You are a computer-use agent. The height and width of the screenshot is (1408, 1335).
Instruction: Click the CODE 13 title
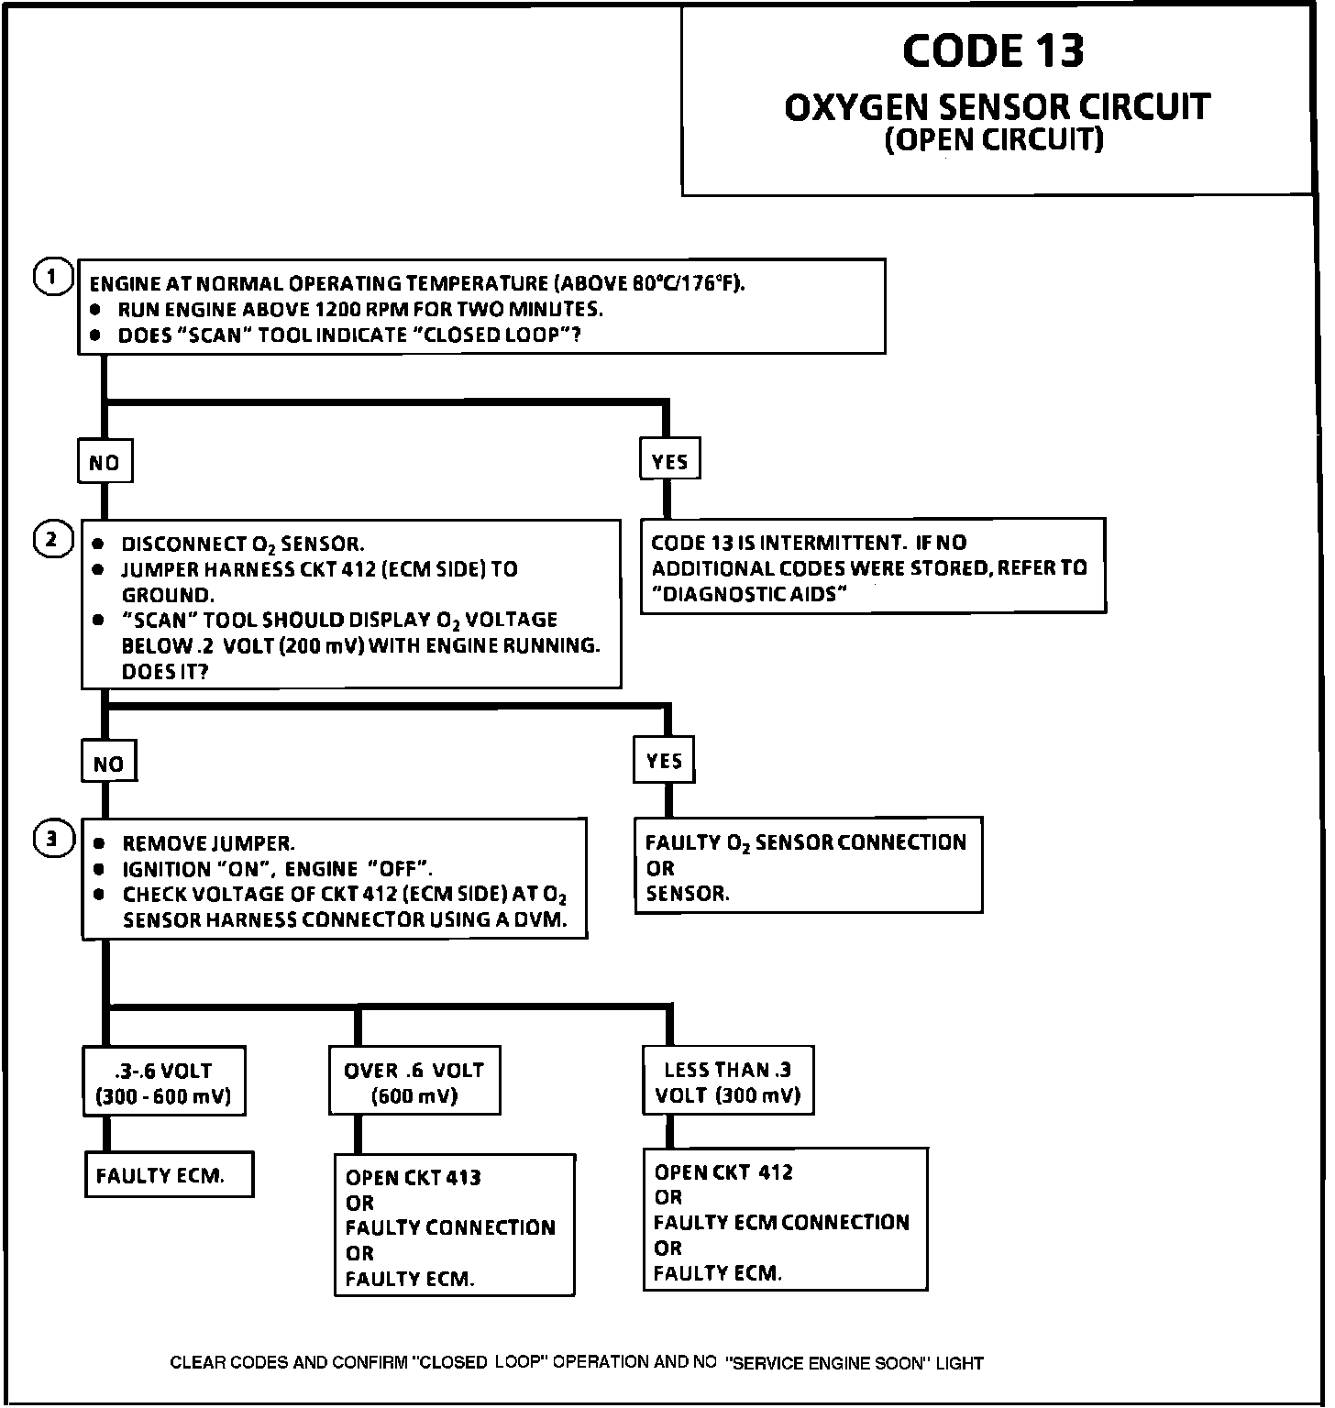point(993,51)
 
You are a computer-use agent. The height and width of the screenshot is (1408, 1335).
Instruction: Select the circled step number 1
point(53,276)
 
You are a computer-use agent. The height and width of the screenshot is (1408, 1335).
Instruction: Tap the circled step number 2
point(53,539)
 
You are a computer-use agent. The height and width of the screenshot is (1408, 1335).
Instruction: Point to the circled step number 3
point(53,838)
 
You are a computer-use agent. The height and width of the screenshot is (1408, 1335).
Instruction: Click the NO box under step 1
point(105,463)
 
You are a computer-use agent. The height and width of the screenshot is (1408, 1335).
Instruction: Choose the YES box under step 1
point(669,461)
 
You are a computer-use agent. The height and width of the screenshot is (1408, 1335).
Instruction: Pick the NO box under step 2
point(108,764)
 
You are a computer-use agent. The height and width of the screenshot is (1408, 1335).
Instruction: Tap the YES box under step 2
point(664,761)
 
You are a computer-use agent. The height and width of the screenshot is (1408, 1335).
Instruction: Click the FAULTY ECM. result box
point(168,1175)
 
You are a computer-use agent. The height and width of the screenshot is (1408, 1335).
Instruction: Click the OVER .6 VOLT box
point(414,1082)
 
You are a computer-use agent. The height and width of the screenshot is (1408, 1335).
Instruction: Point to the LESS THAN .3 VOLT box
point(728,1082)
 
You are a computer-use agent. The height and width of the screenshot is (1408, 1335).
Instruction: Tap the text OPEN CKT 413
point(413,1177)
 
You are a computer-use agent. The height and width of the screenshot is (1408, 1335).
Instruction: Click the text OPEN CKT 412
point(723,1171)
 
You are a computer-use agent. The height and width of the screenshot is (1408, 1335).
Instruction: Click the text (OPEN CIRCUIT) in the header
point(994,139)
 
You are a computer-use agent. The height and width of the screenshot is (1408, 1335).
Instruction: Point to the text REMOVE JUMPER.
point(208,843)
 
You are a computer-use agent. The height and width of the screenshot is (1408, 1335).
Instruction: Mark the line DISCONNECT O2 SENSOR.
point(243,544)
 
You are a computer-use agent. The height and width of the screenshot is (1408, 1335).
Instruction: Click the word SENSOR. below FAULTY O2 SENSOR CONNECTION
point(688,894)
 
